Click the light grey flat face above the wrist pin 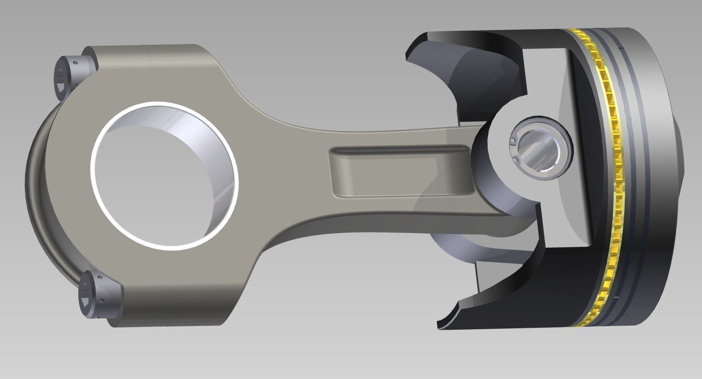(545, 81)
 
